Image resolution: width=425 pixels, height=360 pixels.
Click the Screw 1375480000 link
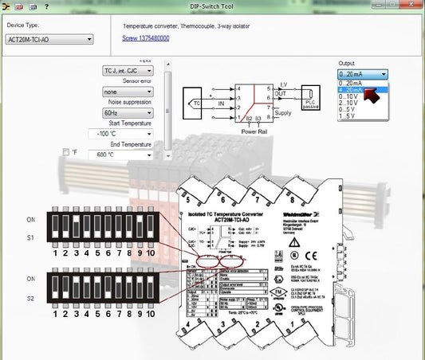(x=145, y=38)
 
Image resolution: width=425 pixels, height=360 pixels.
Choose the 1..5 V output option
(x=349, y=117)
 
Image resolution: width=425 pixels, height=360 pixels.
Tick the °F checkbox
(x=66, y=152)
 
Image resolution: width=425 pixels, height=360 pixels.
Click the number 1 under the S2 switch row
(x=55, y=315)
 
